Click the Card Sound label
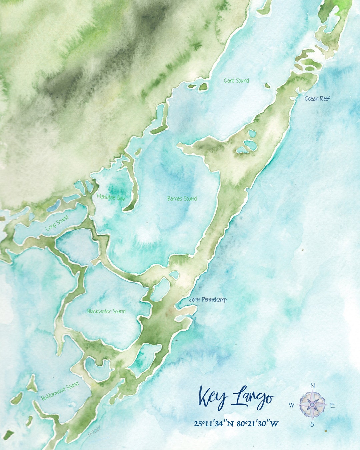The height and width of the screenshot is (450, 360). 236,81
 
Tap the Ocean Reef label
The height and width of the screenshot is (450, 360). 317,99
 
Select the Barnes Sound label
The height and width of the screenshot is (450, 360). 182,199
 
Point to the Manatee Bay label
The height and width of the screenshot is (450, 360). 111,197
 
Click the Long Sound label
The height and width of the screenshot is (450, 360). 57,223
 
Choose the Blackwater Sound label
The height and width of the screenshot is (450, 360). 106,311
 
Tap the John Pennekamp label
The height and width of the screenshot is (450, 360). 208,300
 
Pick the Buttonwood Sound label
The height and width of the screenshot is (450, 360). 60,391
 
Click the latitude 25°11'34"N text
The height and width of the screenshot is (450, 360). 214,424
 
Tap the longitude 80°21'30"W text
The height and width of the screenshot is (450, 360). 258,424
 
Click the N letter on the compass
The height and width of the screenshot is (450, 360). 313,386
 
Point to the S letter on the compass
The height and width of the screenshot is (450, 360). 312,424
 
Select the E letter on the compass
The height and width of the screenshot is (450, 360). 332,405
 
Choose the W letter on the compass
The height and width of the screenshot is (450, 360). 291,405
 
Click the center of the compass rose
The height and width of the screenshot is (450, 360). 312,405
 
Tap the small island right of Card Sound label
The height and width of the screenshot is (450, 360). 267,86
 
